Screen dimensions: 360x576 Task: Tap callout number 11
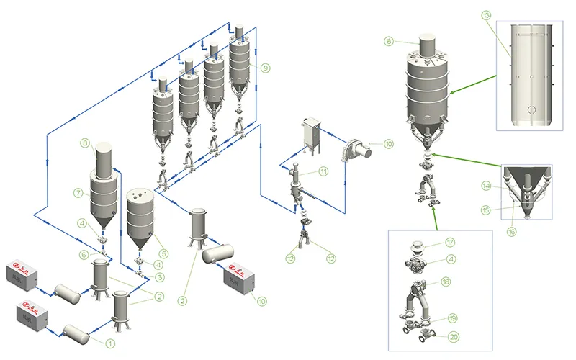click(323, 171)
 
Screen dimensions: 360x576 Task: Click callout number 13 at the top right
click(486, 15)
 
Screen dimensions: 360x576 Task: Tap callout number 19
click(452, 318)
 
